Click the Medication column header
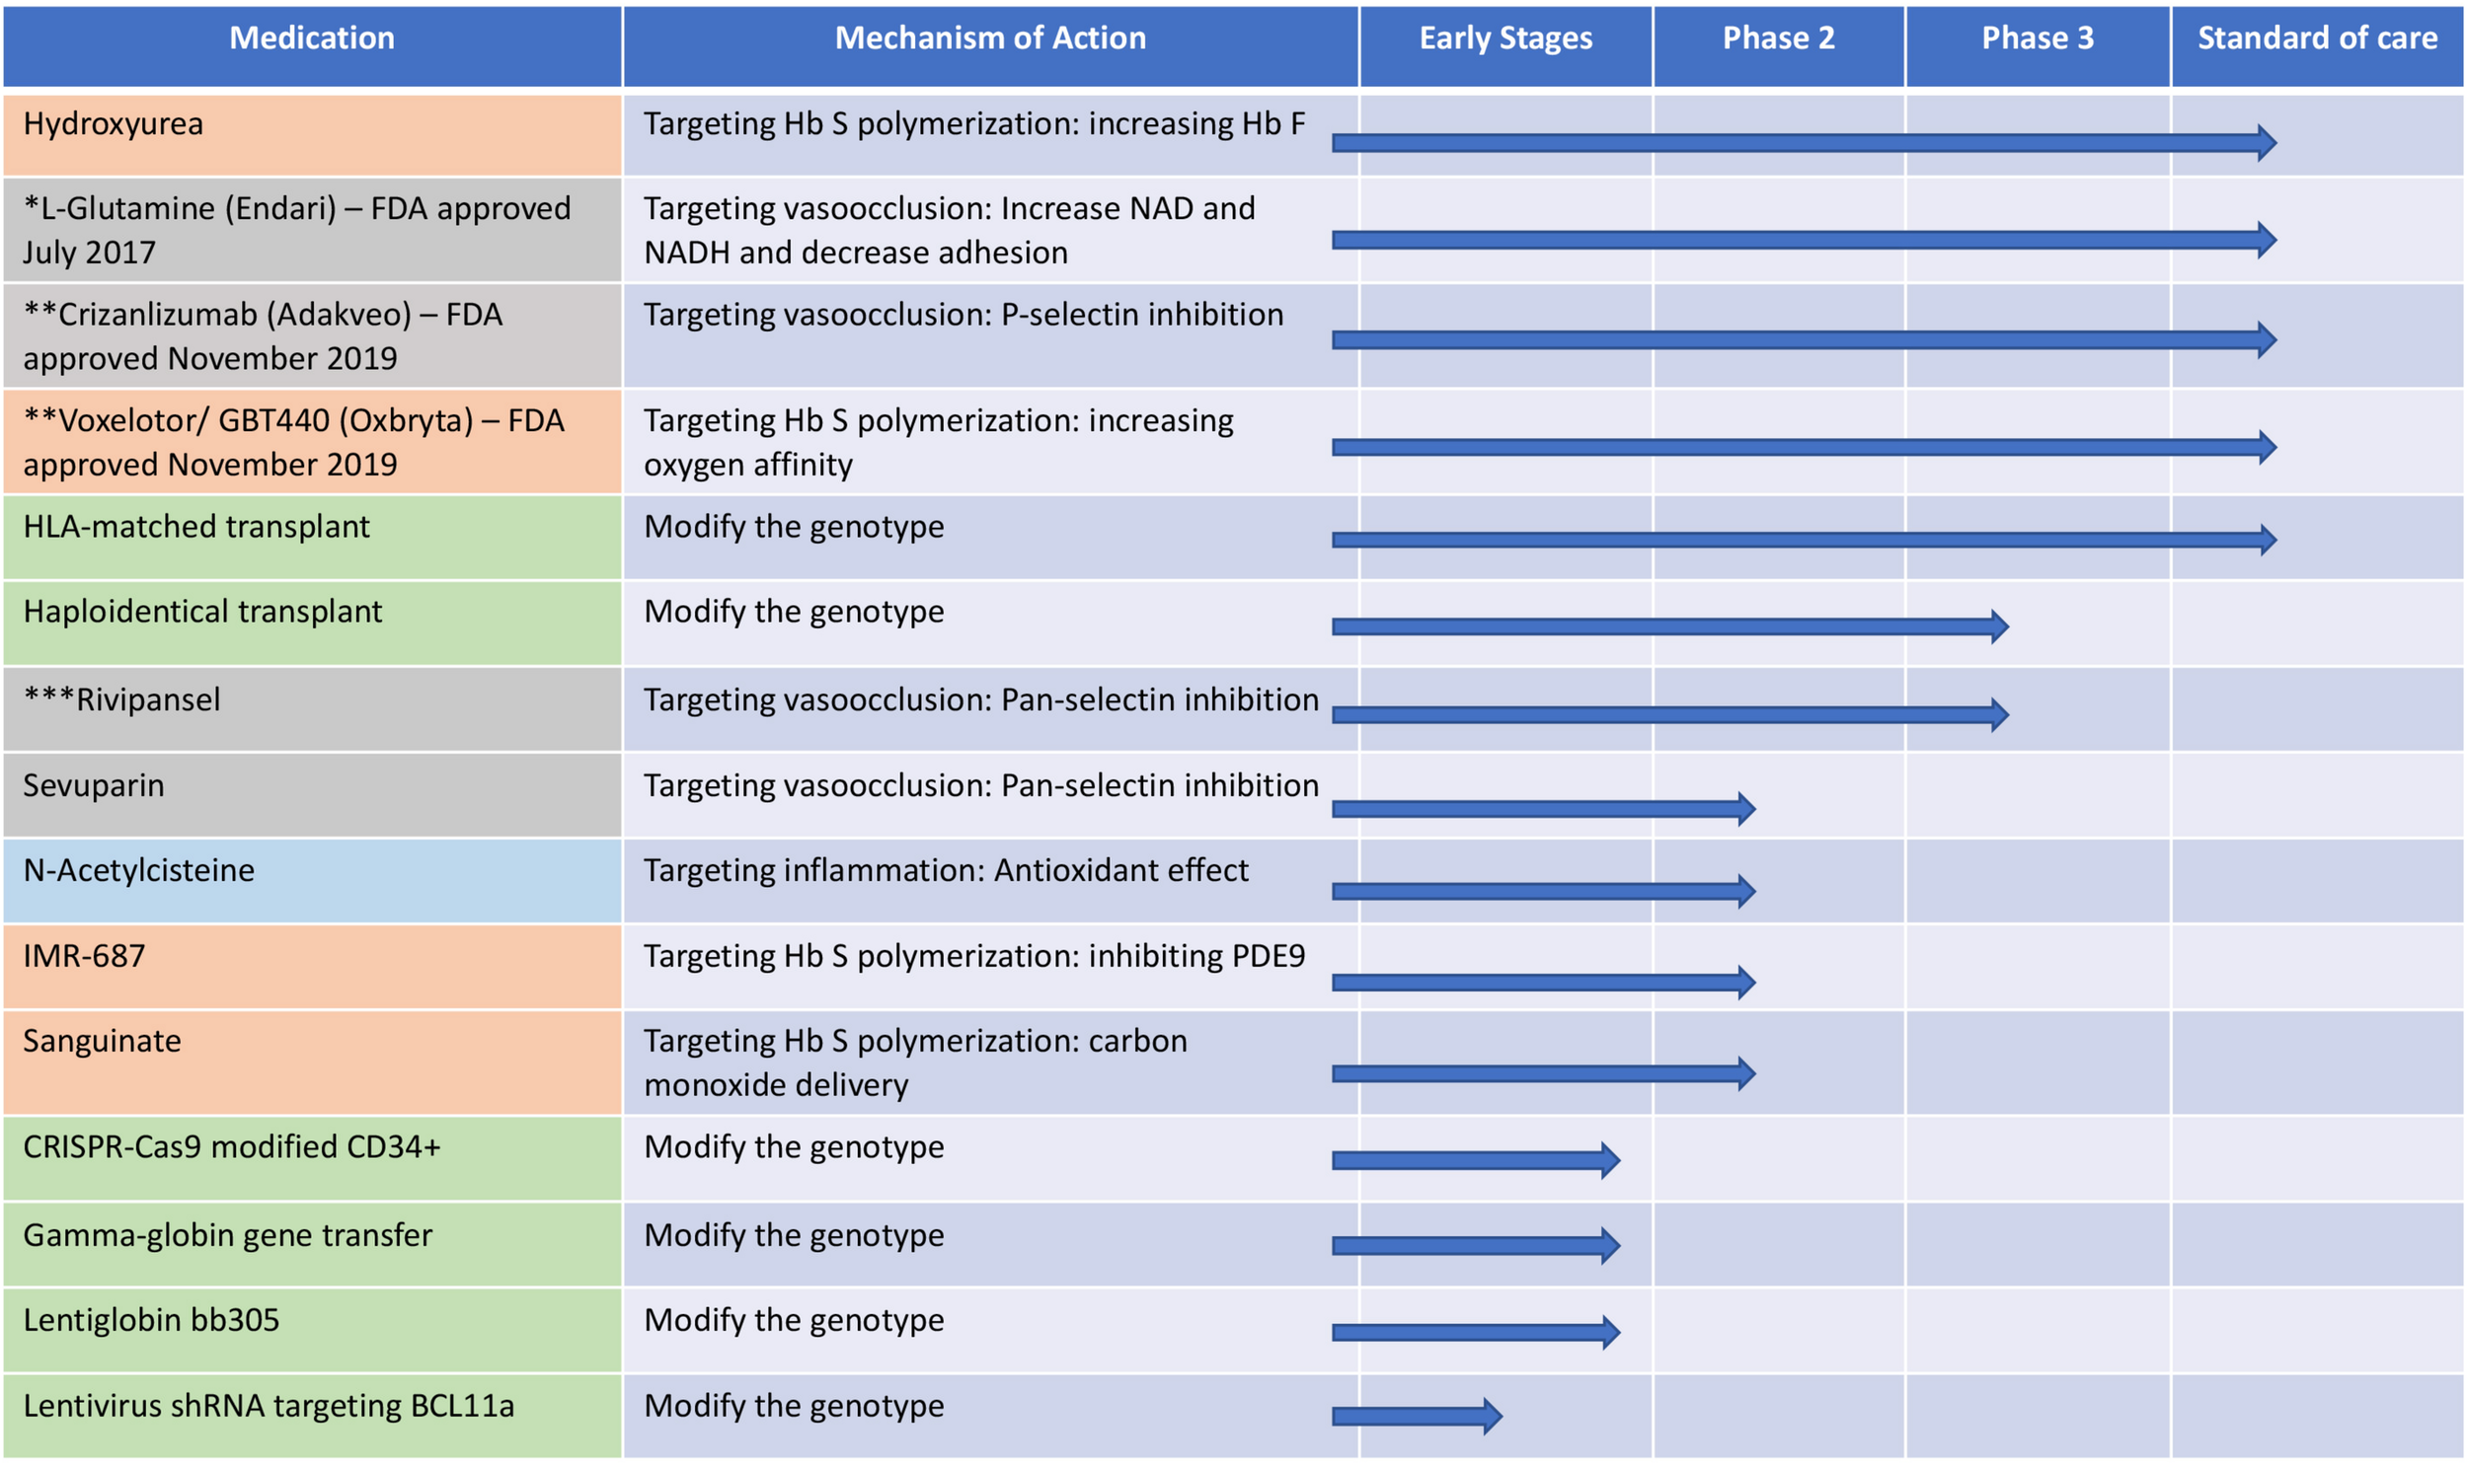(x=311, y=38)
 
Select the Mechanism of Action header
(x=989, y=38)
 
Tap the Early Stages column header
(x=1504, y=38)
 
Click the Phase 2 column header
(x=1777, y=38)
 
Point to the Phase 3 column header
(x=2036, y=38)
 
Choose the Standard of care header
(x=2316, y=38)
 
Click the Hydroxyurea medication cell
(x=114, y=124)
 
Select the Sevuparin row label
(x=94, y=785)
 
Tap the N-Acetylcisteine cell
(x=138, y=870)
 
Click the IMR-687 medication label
(x=84, y=956)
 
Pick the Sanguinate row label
(x=102, y=1041)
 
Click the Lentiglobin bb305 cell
(x=151, y=1321)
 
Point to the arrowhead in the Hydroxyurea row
(x=2267, y=143)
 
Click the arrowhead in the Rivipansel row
(x=1998, y=714)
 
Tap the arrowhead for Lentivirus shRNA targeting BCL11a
(x=1493, y=1416)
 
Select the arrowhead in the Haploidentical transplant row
(x=1998, y=626)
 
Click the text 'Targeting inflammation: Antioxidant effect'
(x=946, y=870)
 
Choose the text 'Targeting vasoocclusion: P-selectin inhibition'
(x=963, y=315)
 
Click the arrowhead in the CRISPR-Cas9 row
(x=1609, y=1160)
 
